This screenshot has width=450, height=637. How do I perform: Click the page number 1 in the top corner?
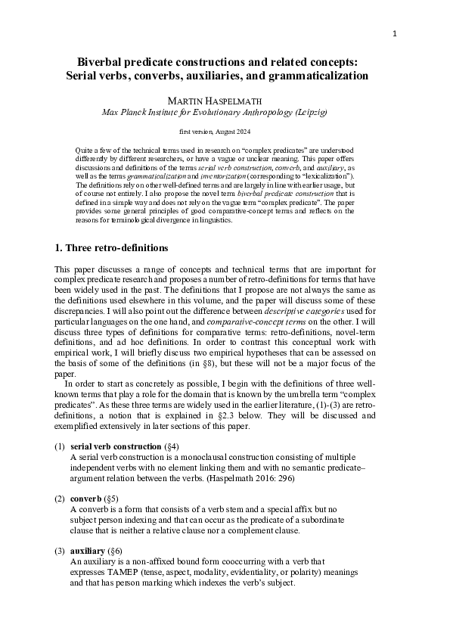395,33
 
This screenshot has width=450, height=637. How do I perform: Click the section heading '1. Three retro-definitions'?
111,248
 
